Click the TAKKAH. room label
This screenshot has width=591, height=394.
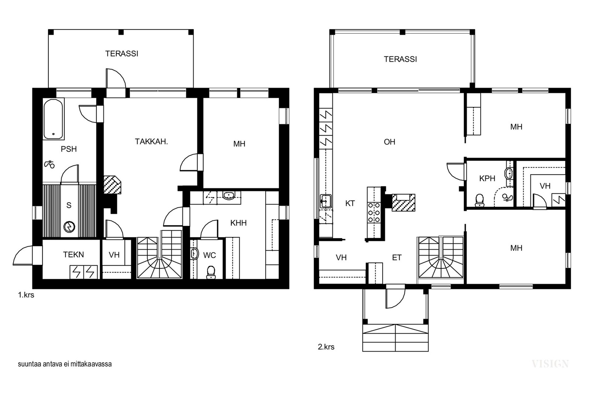151,142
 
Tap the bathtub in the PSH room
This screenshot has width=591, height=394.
54,119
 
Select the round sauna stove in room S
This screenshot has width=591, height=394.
69,226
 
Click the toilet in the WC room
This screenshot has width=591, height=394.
211,272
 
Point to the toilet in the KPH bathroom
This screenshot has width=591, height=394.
479,201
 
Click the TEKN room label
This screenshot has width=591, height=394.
74,255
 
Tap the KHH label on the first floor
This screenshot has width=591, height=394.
239,223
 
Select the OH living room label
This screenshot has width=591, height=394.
389,142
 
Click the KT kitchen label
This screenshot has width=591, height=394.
350,203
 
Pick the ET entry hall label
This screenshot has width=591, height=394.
397,258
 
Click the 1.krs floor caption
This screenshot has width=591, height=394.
26,295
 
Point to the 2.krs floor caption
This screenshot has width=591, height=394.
326,347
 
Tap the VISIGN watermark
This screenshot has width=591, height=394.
550,364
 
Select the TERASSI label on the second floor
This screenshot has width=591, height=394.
400,59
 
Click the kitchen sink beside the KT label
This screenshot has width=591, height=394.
325,202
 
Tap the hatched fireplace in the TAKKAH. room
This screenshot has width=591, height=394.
112,185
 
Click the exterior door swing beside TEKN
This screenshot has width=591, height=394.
23,255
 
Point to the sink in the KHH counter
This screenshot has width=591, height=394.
229,195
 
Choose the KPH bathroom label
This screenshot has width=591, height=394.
487,179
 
